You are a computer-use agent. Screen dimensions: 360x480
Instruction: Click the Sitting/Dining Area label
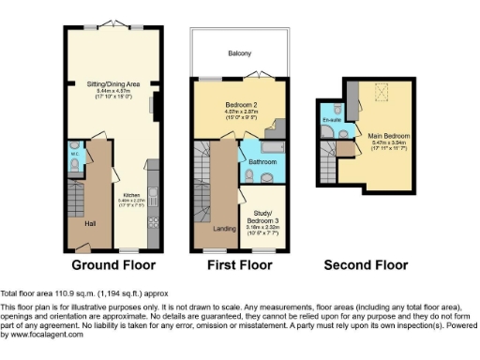[x=113, y=83]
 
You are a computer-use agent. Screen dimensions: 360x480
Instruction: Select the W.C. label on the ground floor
[x=74, y=155]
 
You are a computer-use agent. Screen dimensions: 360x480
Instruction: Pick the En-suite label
[x=330, y=121]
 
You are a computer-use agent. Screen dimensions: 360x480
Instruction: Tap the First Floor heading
[x=238, y=265]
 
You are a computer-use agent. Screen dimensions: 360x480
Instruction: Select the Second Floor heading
[x=366, y=265]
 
